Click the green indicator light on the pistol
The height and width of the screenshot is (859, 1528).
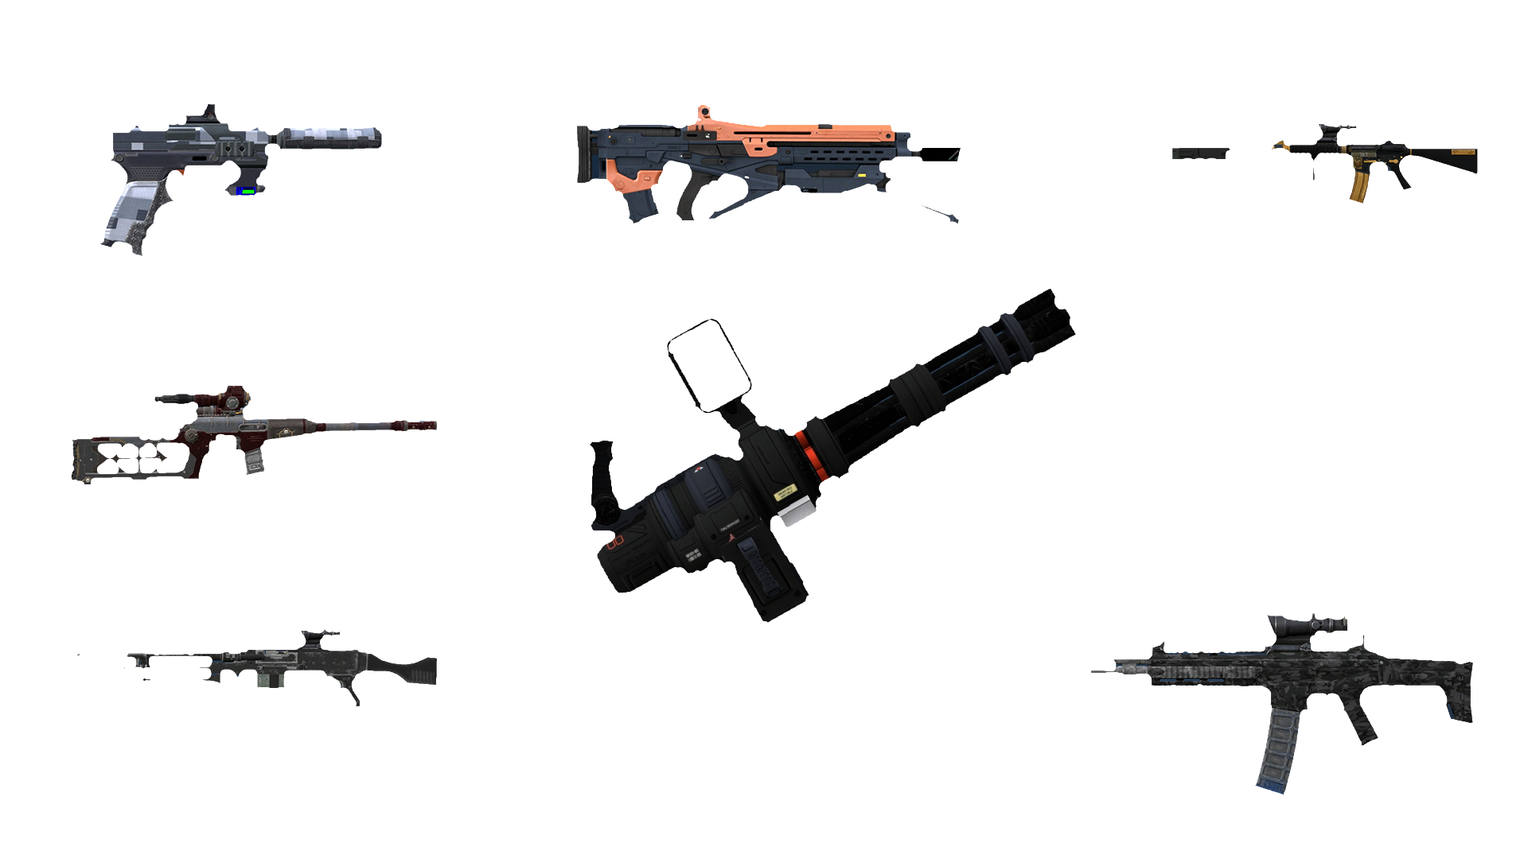248,191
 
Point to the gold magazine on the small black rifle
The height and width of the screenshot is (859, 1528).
1358,185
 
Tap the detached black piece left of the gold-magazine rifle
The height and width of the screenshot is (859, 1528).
1200,154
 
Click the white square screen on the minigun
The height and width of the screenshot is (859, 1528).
709,364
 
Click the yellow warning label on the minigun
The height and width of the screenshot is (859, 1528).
786,492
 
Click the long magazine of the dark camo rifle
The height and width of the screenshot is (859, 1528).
1278,748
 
